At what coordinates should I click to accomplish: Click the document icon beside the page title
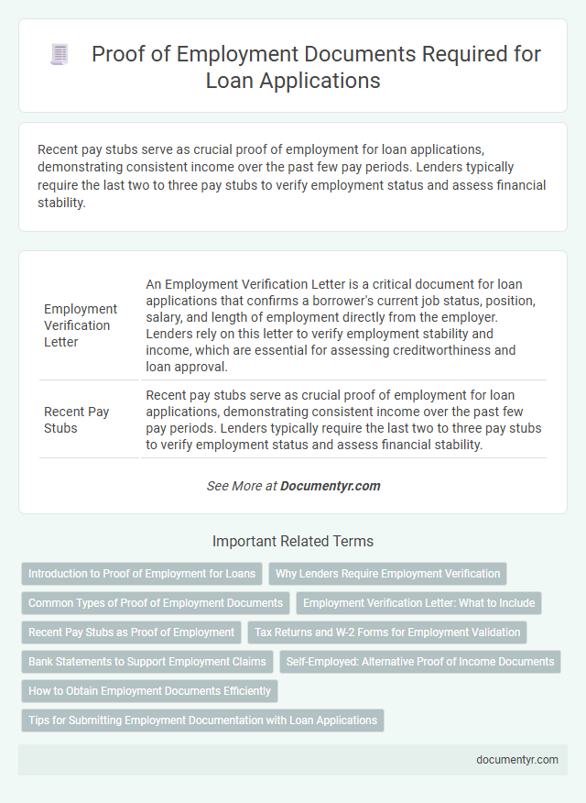tap(60, 55)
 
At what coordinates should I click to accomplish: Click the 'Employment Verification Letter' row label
tap(81, 325)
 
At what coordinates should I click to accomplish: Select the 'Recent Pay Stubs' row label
tap(76, 420)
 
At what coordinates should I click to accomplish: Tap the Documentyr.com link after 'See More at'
tap(331, 486)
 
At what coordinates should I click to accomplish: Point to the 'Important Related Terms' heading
tap(293, 541)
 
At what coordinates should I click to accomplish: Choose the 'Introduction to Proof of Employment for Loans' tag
tap(142, 574)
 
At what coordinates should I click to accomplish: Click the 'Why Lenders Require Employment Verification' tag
tap(387, 574)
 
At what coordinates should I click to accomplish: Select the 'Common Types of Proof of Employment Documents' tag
tap(156, 603)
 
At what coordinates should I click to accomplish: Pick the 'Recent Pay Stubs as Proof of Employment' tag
tap(131, 632)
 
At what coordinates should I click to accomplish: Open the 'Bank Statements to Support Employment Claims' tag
tap(147, 661)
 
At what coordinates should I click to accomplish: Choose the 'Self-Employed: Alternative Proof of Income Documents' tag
tap(421, 661)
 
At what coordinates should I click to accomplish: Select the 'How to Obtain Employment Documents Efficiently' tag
tap(149, 690)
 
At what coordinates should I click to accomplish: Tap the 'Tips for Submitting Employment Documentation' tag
tap(202, 720)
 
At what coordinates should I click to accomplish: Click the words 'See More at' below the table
tap(242, 486)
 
